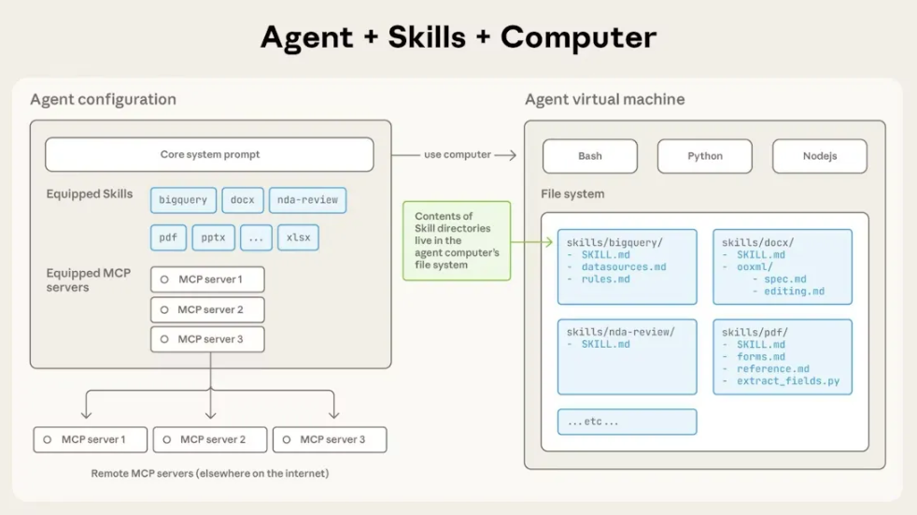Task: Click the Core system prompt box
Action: [209, 154]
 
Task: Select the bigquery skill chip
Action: [183, 200]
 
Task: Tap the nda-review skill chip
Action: [307, 200]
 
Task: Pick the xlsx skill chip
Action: [298, 237]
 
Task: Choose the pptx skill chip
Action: [213, 237]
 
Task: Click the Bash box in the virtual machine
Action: [589, 156]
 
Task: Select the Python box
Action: [704, 156]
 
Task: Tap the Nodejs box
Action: [819, 156]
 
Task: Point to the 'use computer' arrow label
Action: [457, 154]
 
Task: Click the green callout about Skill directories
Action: [457, 240]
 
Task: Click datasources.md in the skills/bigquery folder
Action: [623, 267]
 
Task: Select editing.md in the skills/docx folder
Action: [794, 292]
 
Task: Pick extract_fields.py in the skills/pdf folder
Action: [787, 381]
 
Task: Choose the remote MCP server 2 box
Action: [210, 439]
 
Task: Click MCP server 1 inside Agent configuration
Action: [207, 279]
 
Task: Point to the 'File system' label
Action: [572, 194]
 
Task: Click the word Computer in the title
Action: [578, 37]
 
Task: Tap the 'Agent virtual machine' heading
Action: [604, 100]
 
